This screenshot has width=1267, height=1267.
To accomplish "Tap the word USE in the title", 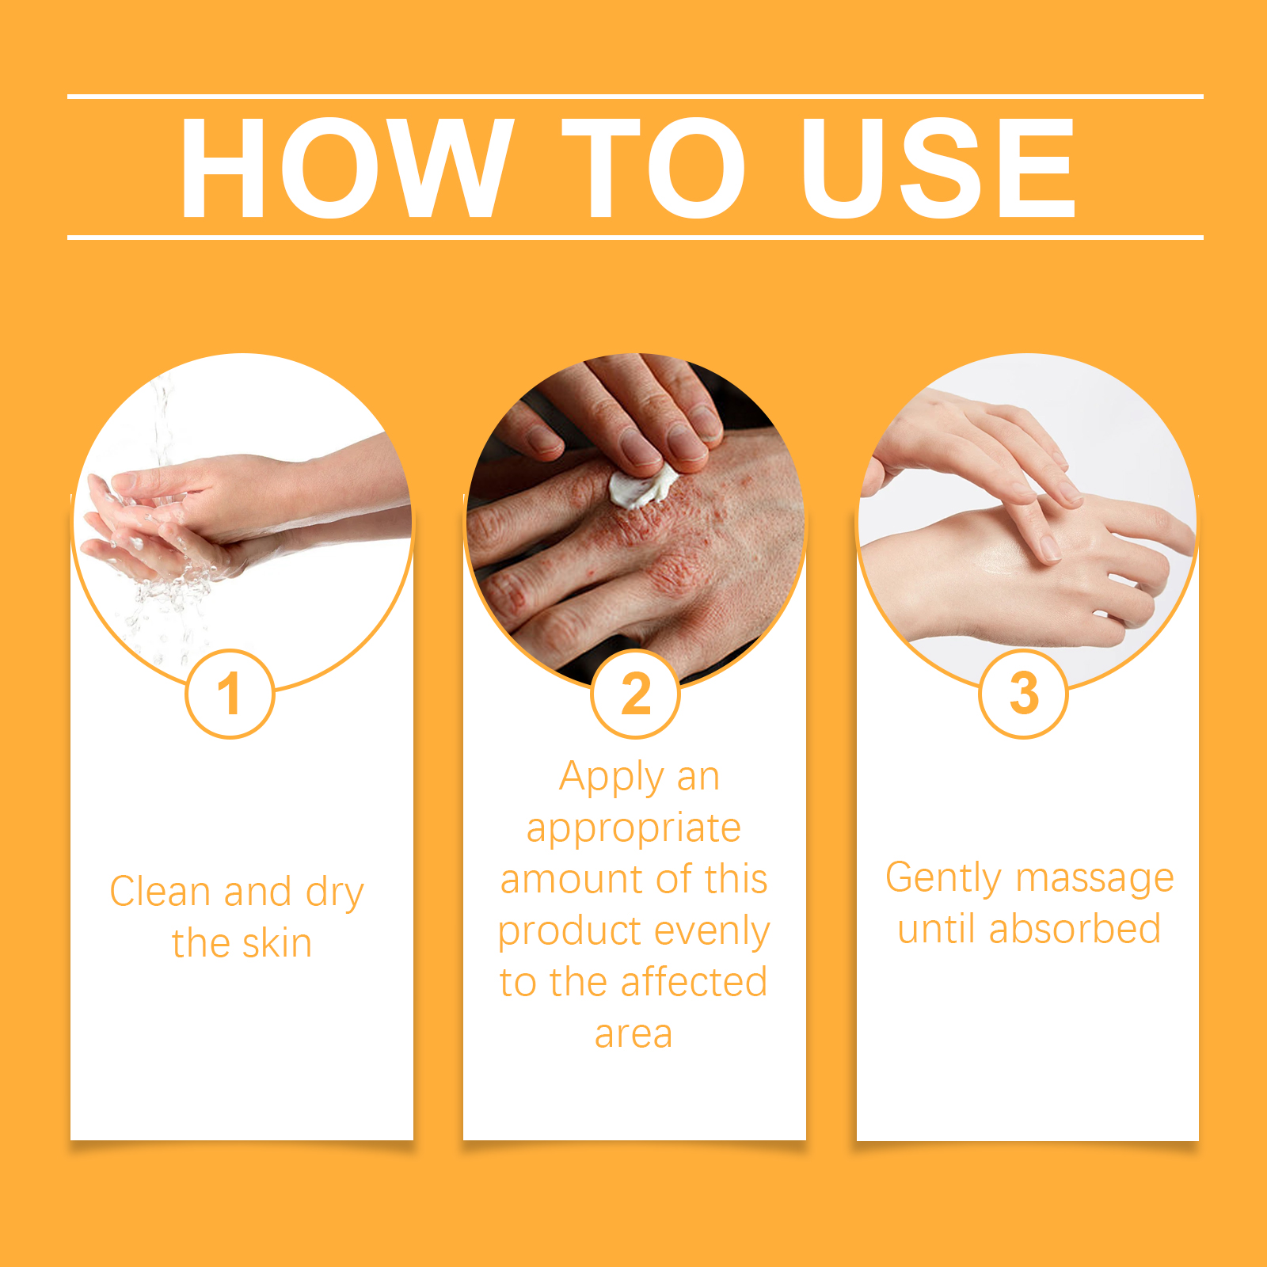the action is point(938,167).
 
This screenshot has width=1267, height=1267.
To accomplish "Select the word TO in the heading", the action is point(653,167).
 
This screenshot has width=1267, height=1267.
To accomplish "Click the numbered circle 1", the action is point(230,694).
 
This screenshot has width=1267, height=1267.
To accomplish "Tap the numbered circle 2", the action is point(636,694).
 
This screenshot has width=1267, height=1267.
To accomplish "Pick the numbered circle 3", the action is point(1024,694).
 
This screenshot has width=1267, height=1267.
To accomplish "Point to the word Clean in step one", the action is point(161,892).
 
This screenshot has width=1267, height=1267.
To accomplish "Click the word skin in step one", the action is point(276,944).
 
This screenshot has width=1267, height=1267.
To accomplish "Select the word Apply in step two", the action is point(611,778).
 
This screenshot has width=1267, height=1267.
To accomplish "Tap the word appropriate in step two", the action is point(633,829).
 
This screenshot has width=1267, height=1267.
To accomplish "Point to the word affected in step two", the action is point(694,982).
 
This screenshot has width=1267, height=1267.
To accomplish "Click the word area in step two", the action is point(633,1034).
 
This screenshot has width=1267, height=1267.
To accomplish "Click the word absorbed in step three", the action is point(1075,929).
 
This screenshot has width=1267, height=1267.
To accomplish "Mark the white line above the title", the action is point(635,97).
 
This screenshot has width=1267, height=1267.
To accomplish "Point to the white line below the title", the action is point(635,237).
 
